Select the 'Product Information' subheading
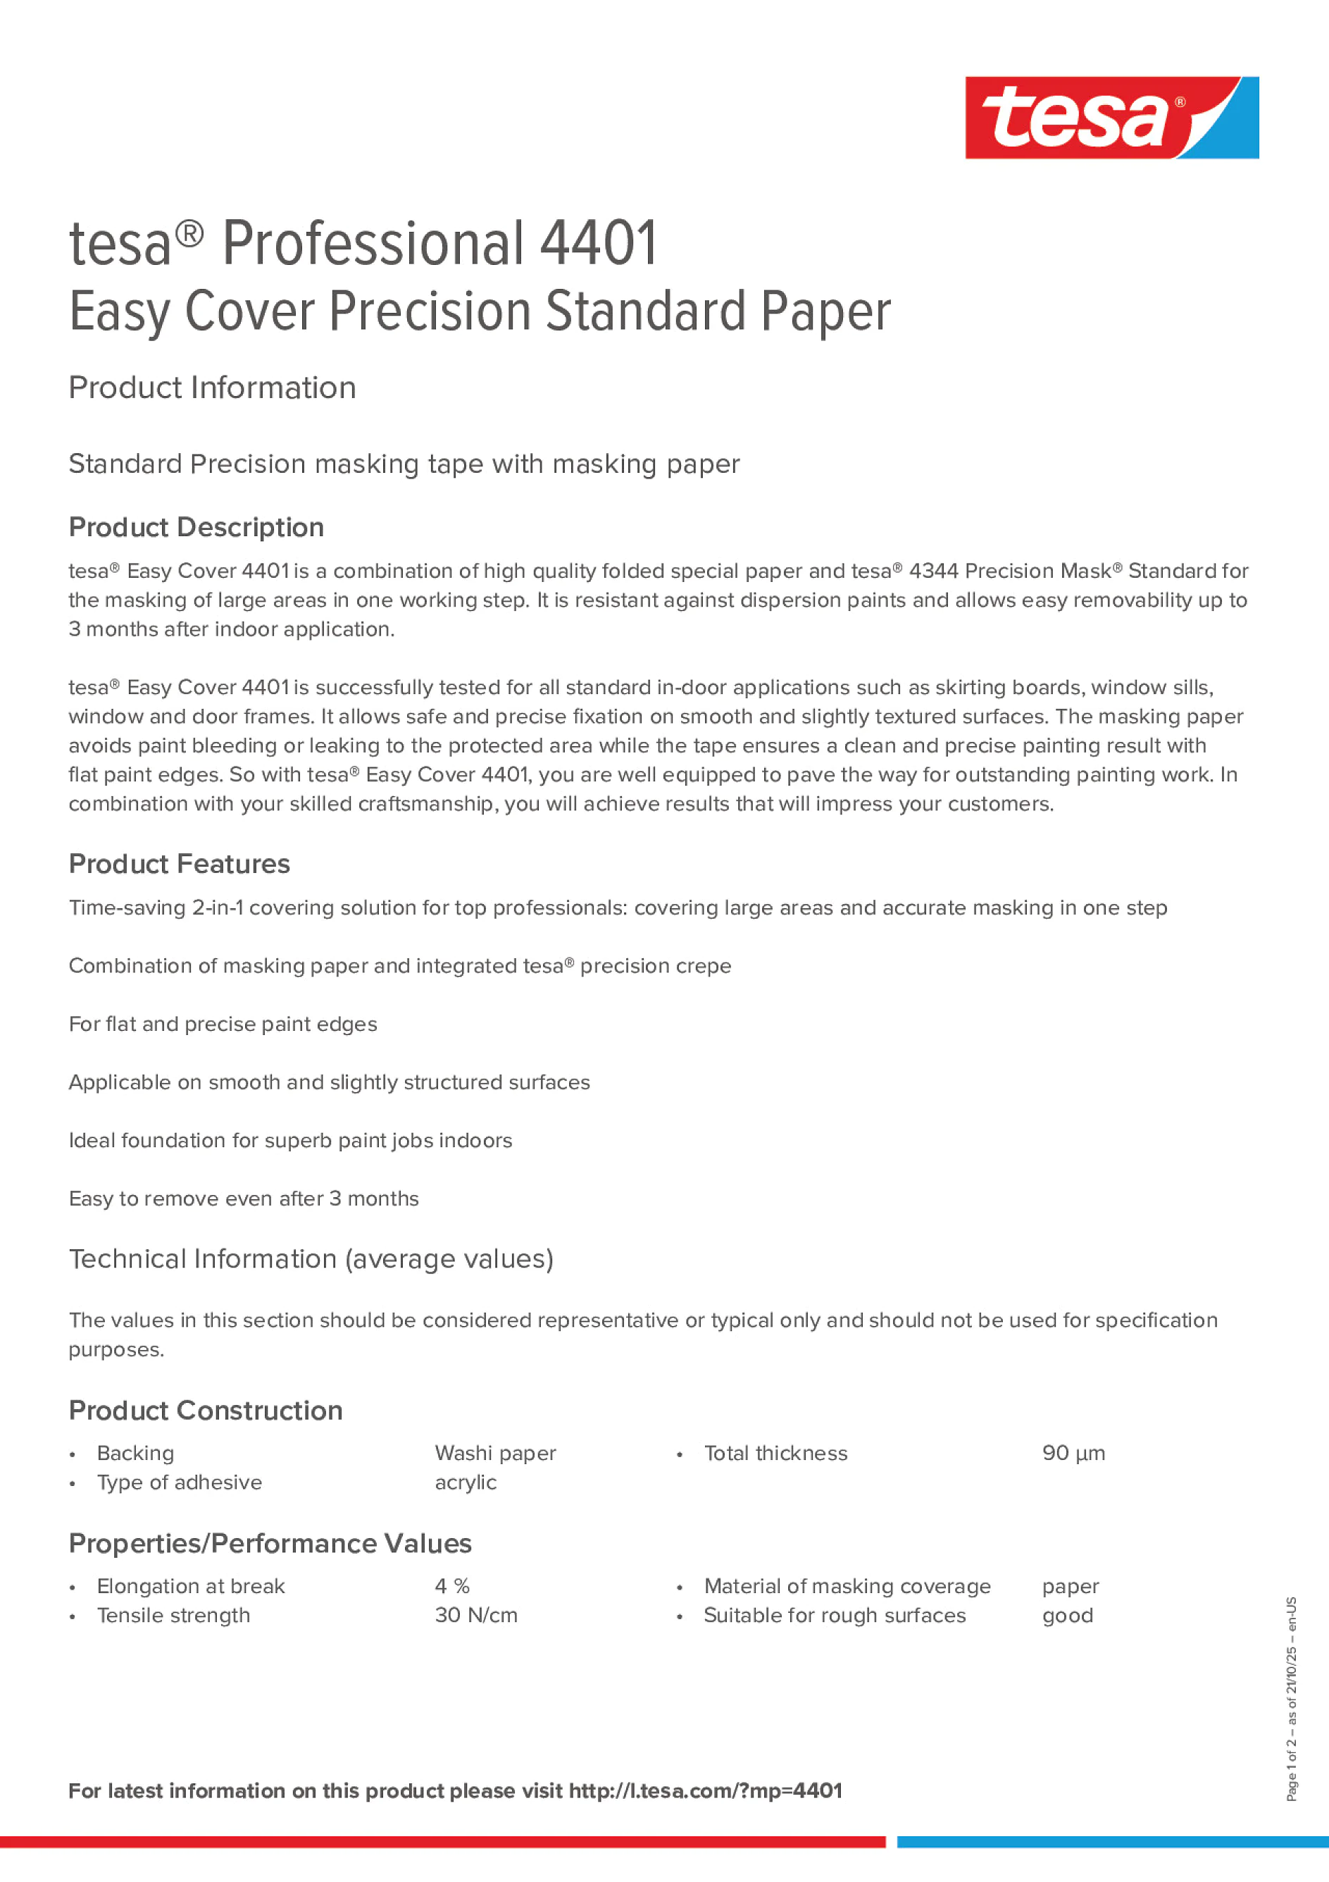(212, 388)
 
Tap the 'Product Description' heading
(196, 527)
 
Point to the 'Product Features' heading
(180, 864)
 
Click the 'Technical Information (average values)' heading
(311, 1258)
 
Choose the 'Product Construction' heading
(206, 1410)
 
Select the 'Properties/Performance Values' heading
(270, 1544)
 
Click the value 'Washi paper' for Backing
(495, 1454)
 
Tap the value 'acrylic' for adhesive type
(466, 1482)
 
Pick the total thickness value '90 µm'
(1073, 1454)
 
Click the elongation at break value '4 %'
(452, 1586)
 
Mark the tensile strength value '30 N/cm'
(476, 1615)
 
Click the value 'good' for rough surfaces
(1068, 1615)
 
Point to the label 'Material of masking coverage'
(847, 1586)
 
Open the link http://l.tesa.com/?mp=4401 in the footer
(706, 1790)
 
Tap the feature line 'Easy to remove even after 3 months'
(244, 1199)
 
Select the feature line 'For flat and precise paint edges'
(223, 1024)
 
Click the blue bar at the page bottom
(1113, 1842)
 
